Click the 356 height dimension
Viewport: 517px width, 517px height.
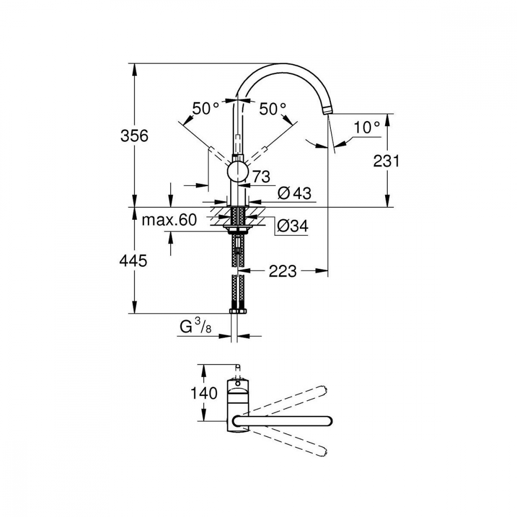coord(134,135)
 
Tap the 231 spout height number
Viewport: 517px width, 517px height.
coord(386,161)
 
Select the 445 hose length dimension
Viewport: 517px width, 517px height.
coord(133,261)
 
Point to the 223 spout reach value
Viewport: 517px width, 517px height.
coord(283,271)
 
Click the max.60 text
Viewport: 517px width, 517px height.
coord(169,220)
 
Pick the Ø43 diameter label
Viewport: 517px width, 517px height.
coord(294,193)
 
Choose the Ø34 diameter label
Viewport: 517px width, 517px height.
coord(293,226)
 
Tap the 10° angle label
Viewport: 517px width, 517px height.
coord(367,127)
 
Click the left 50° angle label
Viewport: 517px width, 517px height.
coord(206,109)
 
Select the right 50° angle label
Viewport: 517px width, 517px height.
coord(272,109)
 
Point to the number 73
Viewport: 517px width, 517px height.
coord(261,177)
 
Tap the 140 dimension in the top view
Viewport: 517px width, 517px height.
coord(204,393)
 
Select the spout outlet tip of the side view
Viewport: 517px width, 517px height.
coord(327,111)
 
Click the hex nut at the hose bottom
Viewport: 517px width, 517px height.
coord(237,311)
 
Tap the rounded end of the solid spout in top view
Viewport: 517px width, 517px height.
coord(329,421)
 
